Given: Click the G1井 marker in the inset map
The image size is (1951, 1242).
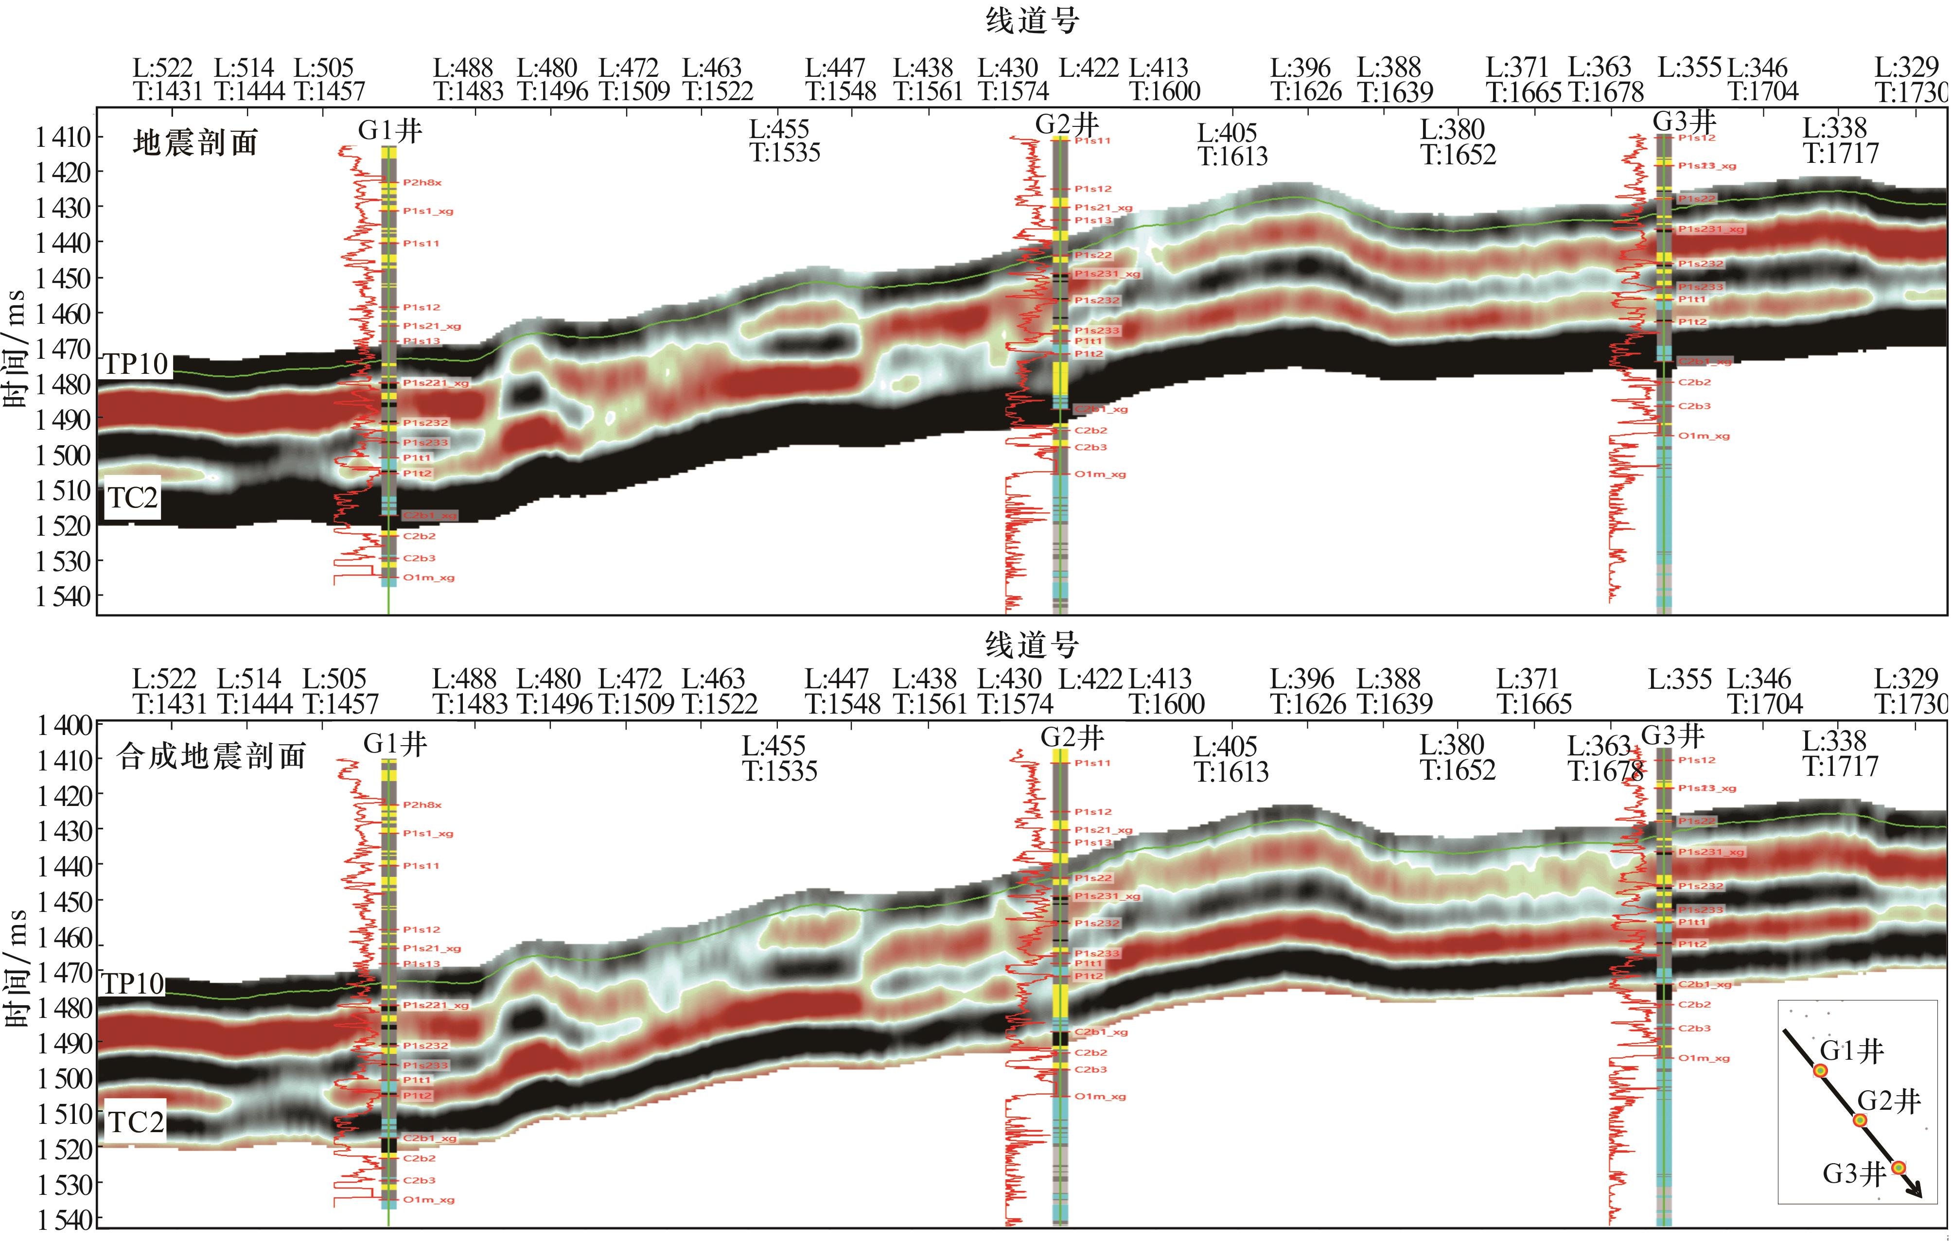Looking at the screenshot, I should pyautogui.click(x=1821, y=1070).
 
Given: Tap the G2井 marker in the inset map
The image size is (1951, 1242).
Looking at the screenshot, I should pyautogui.click(x=1860, y=1120).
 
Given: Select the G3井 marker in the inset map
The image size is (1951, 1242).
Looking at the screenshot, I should pyautogui.click(x=1898, y=1168).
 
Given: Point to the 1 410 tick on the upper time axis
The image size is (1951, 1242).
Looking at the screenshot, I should pyautogui.click(x=64, y=137).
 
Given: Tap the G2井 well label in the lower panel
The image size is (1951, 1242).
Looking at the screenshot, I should pyautogui.click(x=1072, y=737).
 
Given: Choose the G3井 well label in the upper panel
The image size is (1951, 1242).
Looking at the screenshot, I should pyautogui.click(x=1685, y=122).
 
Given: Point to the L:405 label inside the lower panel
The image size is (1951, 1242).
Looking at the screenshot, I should pyautogui.click(x=1230, y=758).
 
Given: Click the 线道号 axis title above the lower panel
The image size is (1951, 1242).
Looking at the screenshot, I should pyautogui.click(x=1031, y=645).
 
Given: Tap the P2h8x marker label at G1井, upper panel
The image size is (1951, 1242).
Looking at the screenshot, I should pyautogui.click(x=422, y=182).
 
